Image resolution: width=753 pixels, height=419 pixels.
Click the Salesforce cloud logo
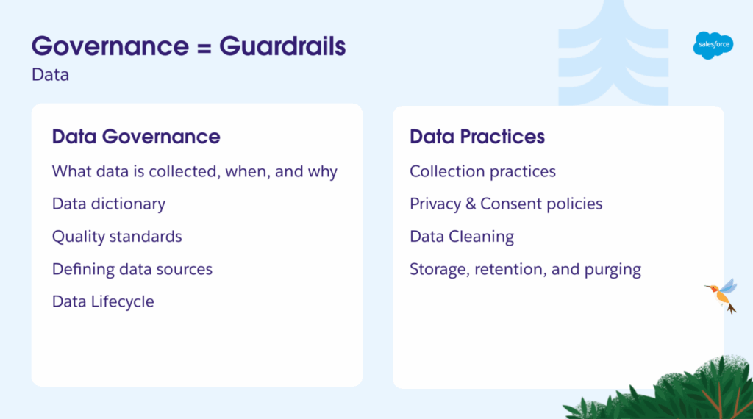(x=713, y=45)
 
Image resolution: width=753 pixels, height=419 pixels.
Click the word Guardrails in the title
(x=282, y=46)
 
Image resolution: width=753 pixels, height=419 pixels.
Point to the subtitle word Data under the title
(x=51, y=75)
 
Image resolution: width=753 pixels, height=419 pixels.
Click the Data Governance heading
(x=136, y=136)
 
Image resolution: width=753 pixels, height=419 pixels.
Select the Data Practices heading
(x=477, y=136)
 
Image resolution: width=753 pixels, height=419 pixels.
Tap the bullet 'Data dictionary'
(x=109, y=204)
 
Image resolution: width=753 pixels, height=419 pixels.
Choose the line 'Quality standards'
(x=117, y=237)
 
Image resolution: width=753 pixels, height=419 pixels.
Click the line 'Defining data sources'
(x=132, y=269)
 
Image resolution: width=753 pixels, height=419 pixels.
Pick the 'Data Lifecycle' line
(x=103, y=302)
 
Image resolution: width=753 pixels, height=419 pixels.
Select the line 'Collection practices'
(x=482, y=171)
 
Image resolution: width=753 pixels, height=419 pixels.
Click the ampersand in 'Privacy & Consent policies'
(x=471, y=204)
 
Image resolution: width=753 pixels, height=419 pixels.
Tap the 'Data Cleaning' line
(x=462, y=237)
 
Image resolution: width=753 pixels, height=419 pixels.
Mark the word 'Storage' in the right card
(x=439, y=270)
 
